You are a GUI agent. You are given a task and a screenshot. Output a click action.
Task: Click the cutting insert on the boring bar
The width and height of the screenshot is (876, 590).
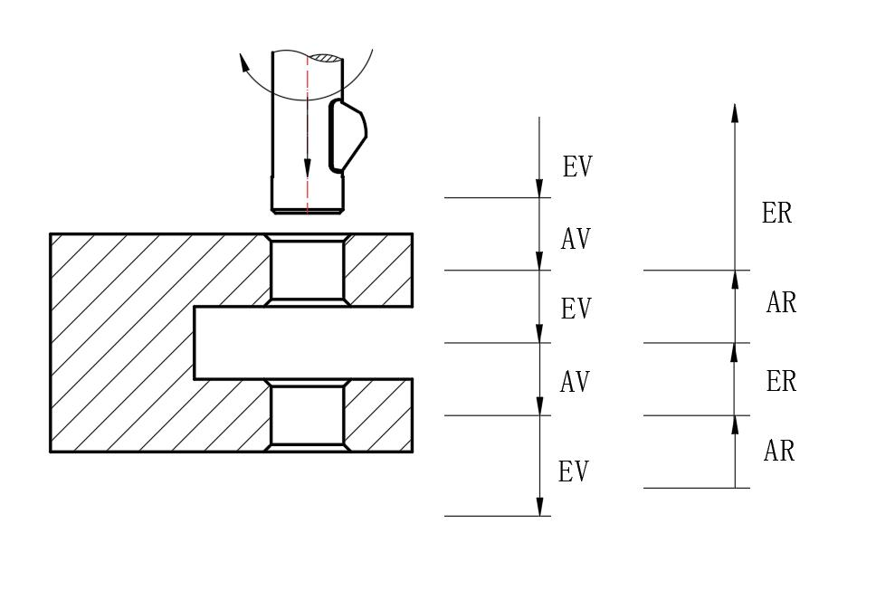click(x=347, y=136)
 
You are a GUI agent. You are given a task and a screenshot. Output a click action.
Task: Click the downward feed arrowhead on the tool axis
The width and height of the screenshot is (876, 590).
click(x=308, y=169)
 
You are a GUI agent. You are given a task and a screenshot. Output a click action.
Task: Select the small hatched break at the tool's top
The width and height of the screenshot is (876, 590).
click(x=326, y=59)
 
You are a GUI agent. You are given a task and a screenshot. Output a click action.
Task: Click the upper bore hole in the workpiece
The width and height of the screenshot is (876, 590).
click(x=308, y=270)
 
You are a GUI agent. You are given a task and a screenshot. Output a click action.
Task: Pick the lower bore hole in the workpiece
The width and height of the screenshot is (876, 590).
click(x=308, y=415)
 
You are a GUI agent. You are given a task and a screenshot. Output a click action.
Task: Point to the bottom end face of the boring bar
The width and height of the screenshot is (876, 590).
click(x=308, y=211)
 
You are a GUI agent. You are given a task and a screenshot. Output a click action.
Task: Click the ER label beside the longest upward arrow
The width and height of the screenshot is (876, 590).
click(x=776, y=214)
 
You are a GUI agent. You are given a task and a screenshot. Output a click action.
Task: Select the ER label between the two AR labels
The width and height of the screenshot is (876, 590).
click(x=781, y=382)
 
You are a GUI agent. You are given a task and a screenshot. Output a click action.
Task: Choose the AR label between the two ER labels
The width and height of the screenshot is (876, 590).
click(x=781, y=303)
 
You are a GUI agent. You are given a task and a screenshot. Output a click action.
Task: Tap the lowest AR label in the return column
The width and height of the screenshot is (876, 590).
click(x=779, y=451)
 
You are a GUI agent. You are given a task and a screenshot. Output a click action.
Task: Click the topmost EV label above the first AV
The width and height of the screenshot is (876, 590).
click(x=577, y=167)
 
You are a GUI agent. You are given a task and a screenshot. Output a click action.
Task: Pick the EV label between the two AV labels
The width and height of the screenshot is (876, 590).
click(x=576, y=309)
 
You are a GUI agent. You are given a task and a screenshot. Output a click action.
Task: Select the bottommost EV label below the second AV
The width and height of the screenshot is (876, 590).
click(x=573, y=471)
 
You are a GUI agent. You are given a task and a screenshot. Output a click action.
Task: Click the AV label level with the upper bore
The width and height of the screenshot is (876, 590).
click(x=576, y=239)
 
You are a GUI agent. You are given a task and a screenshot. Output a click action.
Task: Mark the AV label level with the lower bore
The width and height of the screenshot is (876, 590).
click(x=575, y=383)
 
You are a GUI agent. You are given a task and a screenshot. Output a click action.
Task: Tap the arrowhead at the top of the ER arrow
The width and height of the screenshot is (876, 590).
click(x=735, y=112)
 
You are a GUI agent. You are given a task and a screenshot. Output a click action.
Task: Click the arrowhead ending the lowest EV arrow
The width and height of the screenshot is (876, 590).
click(x=540, y=508)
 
